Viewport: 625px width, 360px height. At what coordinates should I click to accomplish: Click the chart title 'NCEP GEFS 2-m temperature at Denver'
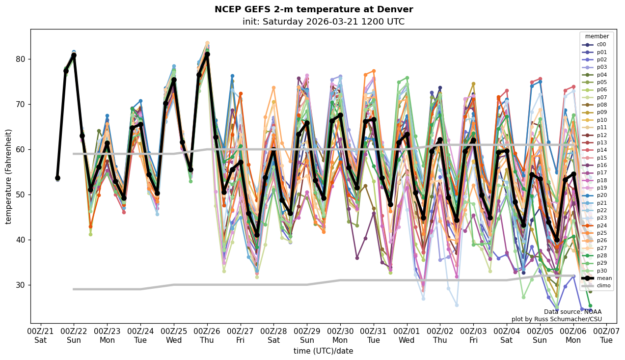(314, 9)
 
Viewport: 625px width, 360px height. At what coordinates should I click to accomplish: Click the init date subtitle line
(323, 22)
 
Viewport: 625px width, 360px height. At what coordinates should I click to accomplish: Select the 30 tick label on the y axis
(22, 285)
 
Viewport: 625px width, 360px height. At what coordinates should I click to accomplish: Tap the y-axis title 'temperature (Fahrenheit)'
(8, 176)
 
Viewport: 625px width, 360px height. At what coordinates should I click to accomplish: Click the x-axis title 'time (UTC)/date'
(323, 351)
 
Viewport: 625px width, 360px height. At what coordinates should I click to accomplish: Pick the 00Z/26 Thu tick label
(207, 335)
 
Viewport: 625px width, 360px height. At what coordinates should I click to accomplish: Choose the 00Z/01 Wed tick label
(407, 335)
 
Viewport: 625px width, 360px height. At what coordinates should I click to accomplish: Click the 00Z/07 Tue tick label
(606, 335)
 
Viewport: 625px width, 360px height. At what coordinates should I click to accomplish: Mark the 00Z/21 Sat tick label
(40, 335)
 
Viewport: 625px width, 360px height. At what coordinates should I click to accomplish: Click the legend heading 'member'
(597, 36)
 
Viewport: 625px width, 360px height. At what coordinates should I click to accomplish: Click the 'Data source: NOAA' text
(572, 312)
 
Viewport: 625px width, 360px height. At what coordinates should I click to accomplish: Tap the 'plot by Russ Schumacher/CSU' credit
(556, 319)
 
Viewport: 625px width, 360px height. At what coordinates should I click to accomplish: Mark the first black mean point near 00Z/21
(57, 178)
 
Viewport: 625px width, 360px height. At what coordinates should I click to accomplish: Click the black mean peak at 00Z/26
(207, 55)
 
